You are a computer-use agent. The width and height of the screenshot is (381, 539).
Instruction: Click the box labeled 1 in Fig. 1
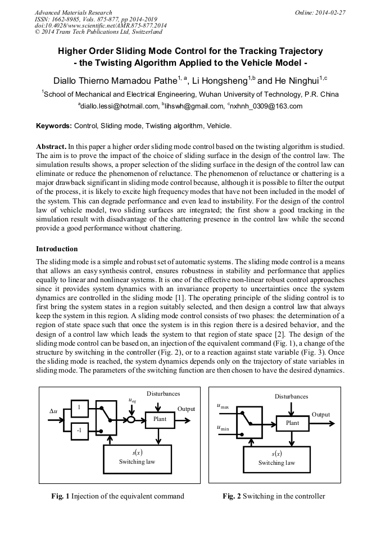tap(79, 407)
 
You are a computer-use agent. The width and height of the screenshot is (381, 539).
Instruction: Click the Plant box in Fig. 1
tap(160, 419)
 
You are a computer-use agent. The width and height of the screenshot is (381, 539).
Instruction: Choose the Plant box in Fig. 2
tap(292, 423)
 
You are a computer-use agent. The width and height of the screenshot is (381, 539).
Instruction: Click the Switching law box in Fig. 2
tap(276, 459)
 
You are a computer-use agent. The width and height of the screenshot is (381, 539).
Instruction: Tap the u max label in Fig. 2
tap(223, 406)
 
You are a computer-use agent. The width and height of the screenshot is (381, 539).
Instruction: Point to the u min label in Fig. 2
tap(223, 428)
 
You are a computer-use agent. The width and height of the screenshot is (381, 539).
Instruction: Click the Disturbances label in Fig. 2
tap(291, 396)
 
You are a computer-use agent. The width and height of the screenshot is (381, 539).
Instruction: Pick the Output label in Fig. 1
tap(186, 409)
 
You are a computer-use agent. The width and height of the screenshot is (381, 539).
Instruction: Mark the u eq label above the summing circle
tap(131, 401)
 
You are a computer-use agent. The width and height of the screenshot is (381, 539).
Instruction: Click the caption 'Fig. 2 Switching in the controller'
tap(273, 496)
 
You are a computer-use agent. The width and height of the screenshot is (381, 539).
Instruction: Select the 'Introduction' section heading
tap(57, 248)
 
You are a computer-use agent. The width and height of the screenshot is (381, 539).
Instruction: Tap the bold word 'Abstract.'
tap(51, 146)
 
